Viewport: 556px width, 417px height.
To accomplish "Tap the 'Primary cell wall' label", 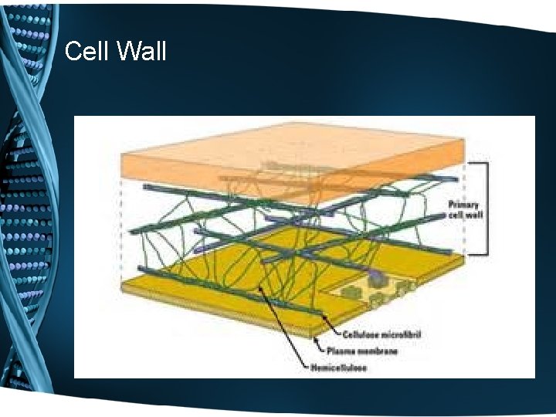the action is pyautogui.click(x=466, y=209).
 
